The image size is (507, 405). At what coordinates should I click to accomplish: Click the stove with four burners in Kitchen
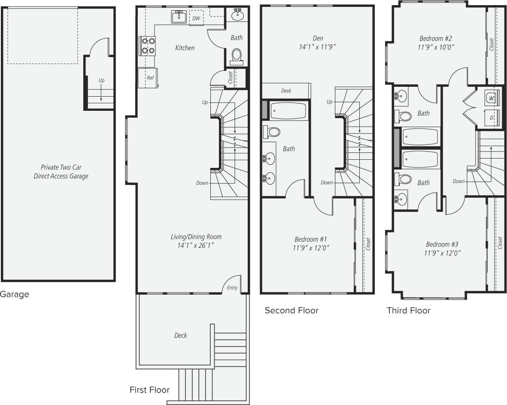pos(147,46)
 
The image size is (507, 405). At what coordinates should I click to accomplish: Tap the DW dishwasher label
pos(196,18)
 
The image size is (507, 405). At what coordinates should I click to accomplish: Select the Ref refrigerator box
pos(148,78)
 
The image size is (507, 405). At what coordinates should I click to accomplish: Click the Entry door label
pos(232,288)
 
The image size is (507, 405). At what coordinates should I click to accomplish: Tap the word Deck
pos(180,335)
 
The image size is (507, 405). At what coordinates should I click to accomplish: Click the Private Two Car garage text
pos(61,167)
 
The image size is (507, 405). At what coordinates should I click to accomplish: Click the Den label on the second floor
pos(318,38)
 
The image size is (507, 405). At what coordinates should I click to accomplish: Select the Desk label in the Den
pos(286,91)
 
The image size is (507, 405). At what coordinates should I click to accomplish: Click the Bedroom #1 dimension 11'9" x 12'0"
pos(312,248)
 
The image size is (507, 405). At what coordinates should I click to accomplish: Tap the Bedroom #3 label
pos(442,244)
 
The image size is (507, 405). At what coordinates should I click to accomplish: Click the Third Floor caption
pos(408,311)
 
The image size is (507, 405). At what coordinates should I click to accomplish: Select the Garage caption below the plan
pos(15,295)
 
